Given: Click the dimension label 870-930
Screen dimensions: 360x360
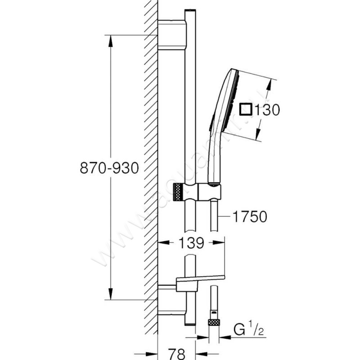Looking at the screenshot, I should coord(108,168).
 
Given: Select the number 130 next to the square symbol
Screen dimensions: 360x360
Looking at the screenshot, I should coord(268,110).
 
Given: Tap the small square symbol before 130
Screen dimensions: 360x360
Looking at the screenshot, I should coord(246,109).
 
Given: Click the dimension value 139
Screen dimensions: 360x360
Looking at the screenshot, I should coord(191,243).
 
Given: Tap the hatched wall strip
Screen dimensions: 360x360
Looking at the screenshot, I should coord(151,180).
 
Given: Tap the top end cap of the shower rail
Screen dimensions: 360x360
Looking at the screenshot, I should coord(190,11).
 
